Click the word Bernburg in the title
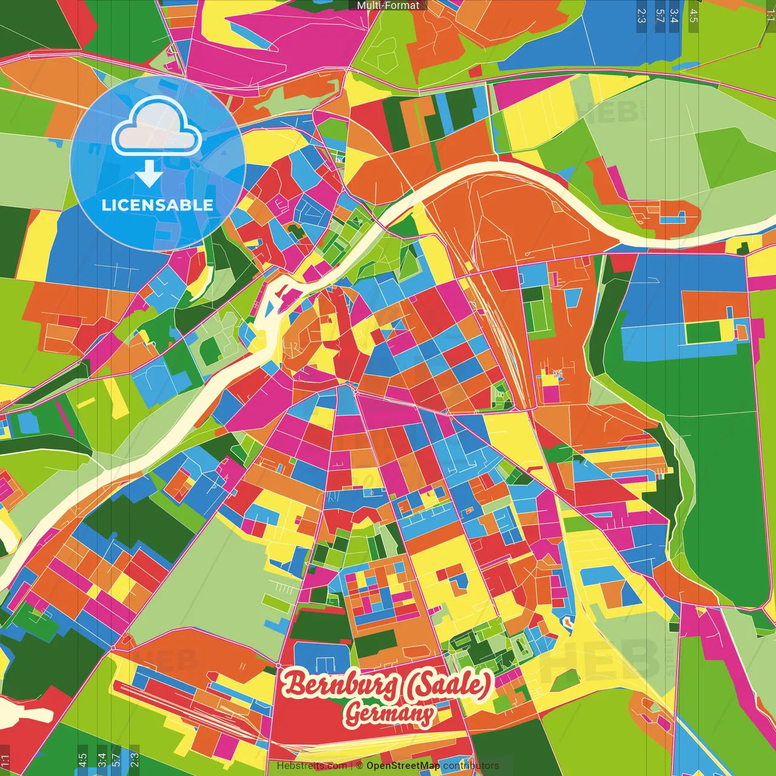(x=341, y=684)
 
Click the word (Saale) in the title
(x=447, y=684)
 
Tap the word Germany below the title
(x=389, y=714)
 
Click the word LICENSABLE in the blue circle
(x=158, y=205)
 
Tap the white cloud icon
(x=157, y=127)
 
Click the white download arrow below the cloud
(x=149, y=174)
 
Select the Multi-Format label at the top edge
(x=388, y=5)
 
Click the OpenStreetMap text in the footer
(x=403, y=766)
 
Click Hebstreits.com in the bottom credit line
(x=311, y=766)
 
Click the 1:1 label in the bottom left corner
(x=5, y=761)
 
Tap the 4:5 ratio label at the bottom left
(x=82, y=760)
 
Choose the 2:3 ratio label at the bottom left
(x=135, y=760)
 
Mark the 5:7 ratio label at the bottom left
(x=116, y=760)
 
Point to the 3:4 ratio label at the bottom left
(x=101, y=760)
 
